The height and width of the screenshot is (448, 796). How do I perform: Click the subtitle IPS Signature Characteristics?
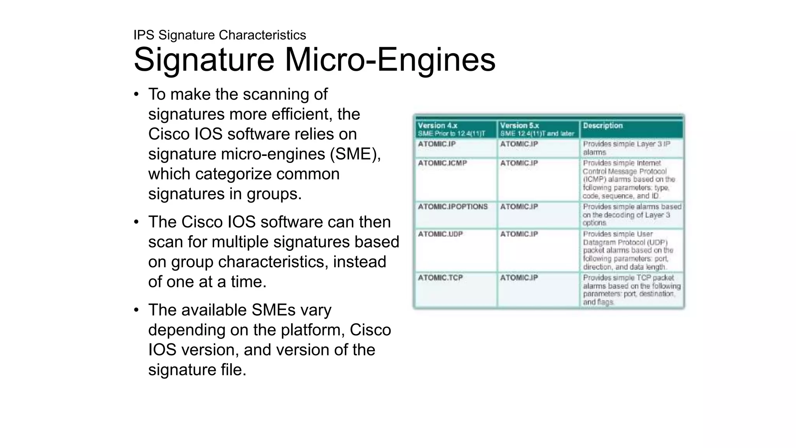[x=220, y=35]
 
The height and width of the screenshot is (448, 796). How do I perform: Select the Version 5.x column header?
[x=537, y=129]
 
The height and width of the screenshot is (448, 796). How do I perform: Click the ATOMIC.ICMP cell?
[x=442, y=163]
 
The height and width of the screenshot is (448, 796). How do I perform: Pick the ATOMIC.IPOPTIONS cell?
[x=452, y=207]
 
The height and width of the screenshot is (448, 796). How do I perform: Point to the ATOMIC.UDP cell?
[x=440, y=234]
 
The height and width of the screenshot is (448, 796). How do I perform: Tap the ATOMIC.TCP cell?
[x=440, y=278]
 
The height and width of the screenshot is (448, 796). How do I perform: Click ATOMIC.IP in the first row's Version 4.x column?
[x=436, y=144]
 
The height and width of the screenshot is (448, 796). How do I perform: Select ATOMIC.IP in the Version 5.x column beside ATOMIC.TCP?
[x=519, y=278]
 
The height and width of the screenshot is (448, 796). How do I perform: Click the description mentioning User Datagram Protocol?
[x=627, y=250]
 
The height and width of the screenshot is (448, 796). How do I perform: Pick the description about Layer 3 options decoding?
[x=632, y=215]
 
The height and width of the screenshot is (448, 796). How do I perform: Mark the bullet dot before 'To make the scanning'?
[x=136, y=94]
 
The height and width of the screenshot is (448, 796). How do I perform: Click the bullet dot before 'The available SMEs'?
[x=136, y=310]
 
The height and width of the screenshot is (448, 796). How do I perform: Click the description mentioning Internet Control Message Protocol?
[x=628, y=180]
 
